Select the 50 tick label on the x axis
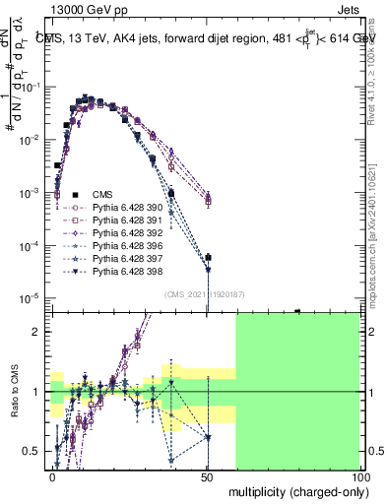coord(207,475)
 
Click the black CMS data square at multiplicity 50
coord(208,258)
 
